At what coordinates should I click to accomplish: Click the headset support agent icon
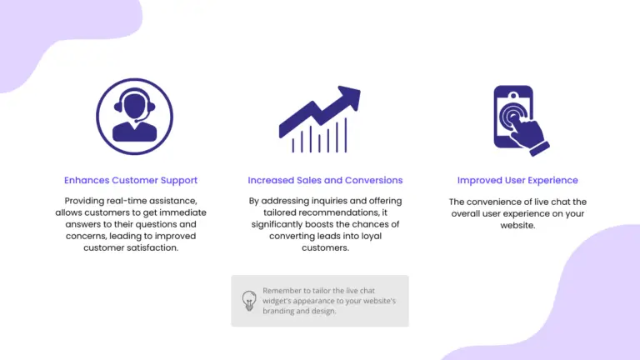[134, 117]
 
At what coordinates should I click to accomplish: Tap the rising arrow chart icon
[320, 119]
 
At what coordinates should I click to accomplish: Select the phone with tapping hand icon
[521, 120]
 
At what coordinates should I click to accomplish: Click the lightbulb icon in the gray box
[249, 301]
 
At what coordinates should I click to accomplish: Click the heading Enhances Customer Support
[131, 180]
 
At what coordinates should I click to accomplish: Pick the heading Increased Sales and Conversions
[325, 180]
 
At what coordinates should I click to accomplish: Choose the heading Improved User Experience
[517, 180]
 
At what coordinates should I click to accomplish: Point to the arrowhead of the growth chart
[350, 97]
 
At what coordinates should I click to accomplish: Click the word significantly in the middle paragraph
[277, 224]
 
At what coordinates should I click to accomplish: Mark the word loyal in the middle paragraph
[372, 237]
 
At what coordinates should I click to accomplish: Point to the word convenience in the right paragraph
[493, 202]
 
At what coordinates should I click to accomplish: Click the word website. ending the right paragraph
[517, 225]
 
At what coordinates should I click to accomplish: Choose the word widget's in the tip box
[277, 301]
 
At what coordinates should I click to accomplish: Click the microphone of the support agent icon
[137, 120]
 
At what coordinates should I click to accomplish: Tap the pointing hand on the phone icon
[528, 135]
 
